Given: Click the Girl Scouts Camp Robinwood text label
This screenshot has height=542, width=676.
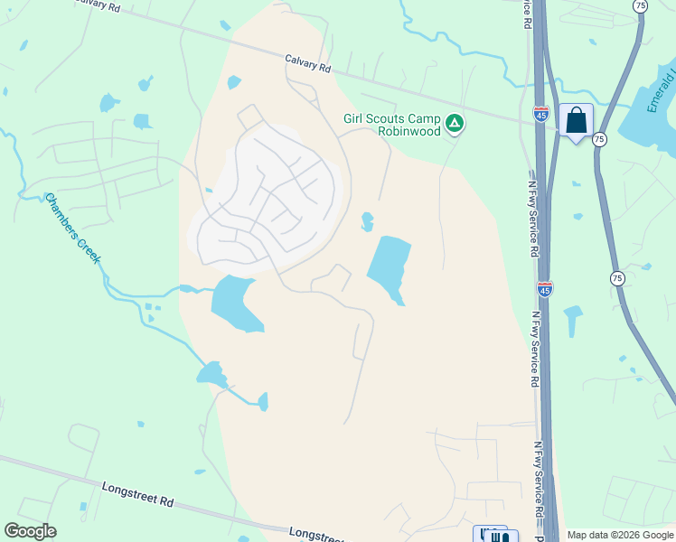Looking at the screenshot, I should [x=392, y=125].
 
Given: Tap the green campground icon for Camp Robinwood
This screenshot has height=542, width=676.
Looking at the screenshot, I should [x=455, y=123].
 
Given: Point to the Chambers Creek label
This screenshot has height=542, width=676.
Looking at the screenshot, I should [x=73, y=229].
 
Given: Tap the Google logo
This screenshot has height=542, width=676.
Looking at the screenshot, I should [x=30, y=531].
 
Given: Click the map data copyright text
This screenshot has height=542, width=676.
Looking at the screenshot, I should [x=620, y=535].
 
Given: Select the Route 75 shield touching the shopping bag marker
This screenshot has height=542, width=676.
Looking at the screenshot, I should [x=598, y=139].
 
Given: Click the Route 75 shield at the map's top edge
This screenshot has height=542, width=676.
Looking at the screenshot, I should [x=641, y=5].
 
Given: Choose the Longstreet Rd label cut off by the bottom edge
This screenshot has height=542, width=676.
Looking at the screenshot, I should [x=316, y=535].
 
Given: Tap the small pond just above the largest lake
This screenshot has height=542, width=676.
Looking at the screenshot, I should [x=367, y=220].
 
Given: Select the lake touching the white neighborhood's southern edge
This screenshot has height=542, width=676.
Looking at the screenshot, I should [x=236, y=303].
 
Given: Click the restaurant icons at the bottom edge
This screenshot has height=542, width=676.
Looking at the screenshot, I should [x=492, y=535].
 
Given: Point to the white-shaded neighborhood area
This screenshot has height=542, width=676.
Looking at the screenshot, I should [x=268, y=199].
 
